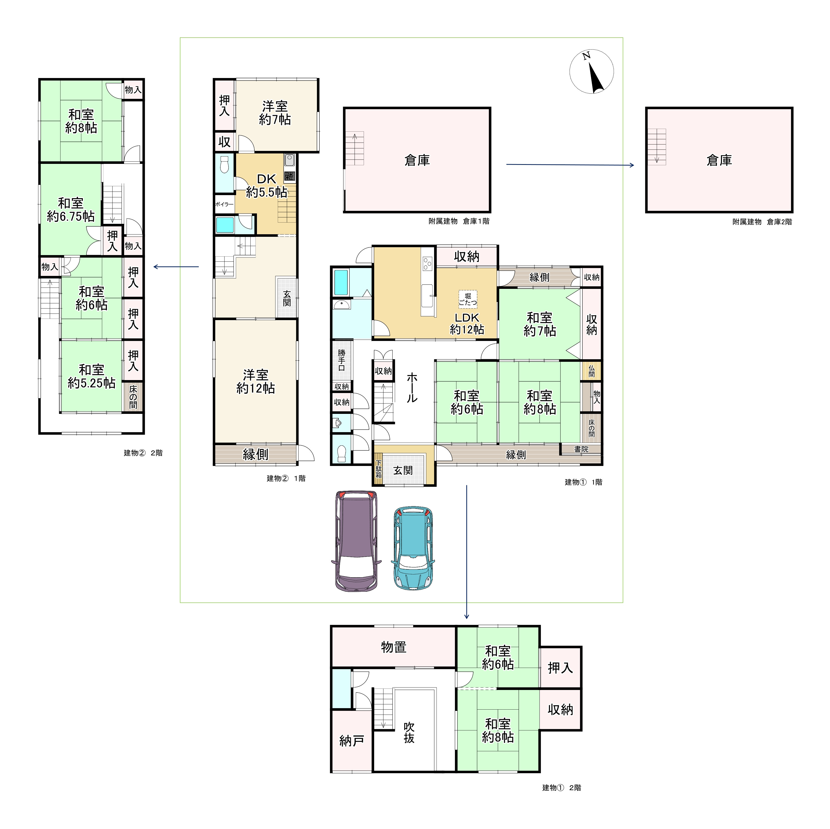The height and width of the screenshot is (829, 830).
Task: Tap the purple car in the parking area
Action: tap(357, 541)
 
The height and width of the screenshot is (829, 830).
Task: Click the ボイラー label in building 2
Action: tap(224, 205)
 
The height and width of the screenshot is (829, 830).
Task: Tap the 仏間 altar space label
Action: tap(592, 371)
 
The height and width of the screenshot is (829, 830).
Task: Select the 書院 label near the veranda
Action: tap(581, 449)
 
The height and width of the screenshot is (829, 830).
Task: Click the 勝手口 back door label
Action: tap(342, 360)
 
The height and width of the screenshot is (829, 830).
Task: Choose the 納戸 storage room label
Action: tap(352, 741)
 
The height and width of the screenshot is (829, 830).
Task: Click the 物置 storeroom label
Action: tap(393, 647)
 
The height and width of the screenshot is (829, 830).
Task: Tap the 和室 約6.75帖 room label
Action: tap(71, 210)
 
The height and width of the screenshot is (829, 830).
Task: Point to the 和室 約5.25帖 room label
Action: tap(91, 376)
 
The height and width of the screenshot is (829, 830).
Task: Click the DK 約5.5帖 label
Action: tap(266, 185)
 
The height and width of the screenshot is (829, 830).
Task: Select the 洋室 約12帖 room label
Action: tap(256, 381)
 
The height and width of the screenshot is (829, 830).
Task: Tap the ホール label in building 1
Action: tap(412, 387)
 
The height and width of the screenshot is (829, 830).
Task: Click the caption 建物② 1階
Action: tap(286, 478)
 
